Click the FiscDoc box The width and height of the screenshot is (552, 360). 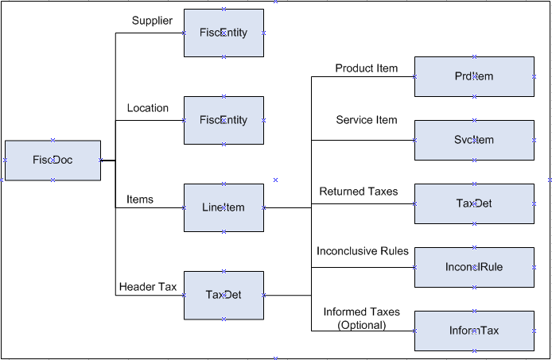tap(52, 160)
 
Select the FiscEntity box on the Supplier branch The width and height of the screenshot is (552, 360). tap(224, 33)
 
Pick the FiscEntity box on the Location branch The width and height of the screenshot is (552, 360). tap(224, 120)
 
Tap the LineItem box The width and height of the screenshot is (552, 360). tap(224, 207)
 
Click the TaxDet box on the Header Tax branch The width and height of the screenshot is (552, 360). tap(224, 295)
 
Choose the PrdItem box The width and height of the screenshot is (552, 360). tap(474, 76)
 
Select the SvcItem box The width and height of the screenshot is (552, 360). tap(474, 140)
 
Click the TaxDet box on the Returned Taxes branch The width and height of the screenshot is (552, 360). tap(474, 203)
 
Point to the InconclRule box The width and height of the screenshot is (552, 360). tap(474, 267)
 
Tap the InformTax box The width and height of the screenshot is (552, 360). tap(474, 331)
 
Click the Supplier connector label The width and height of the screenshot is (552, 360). tap(152, 21)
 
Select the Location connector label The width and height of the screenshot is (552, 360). tap(148, 108)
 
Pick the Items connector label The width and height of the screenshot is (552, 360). tap(140, 199)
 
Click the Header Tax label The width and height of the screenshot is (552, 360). tap(148, 287)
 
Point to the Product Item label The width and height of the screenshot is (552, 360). tap(366, 68)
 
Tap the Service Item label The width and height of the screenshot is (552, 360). tap(366, 120)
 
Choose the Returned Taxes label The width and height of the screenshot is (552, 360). tap(359, 192)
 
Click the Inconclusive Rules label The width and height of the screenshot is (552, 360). tap(363, 251)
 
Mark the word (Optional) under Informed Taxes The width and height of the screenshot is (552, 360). tap(362, 325)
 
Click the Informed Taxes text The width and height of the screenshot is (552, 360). tap(362, 312)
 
